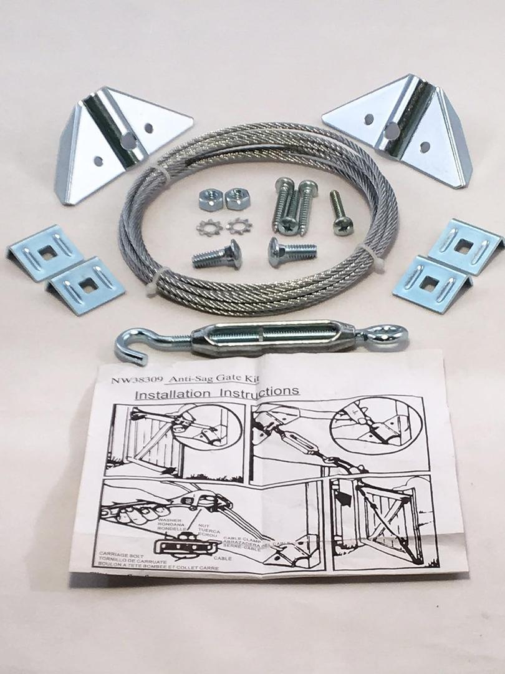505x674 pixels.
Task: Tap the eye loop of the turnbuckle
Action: [x=392, y=331]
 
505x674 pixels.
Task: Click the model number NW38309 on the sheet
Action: [x=128, y=379]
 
